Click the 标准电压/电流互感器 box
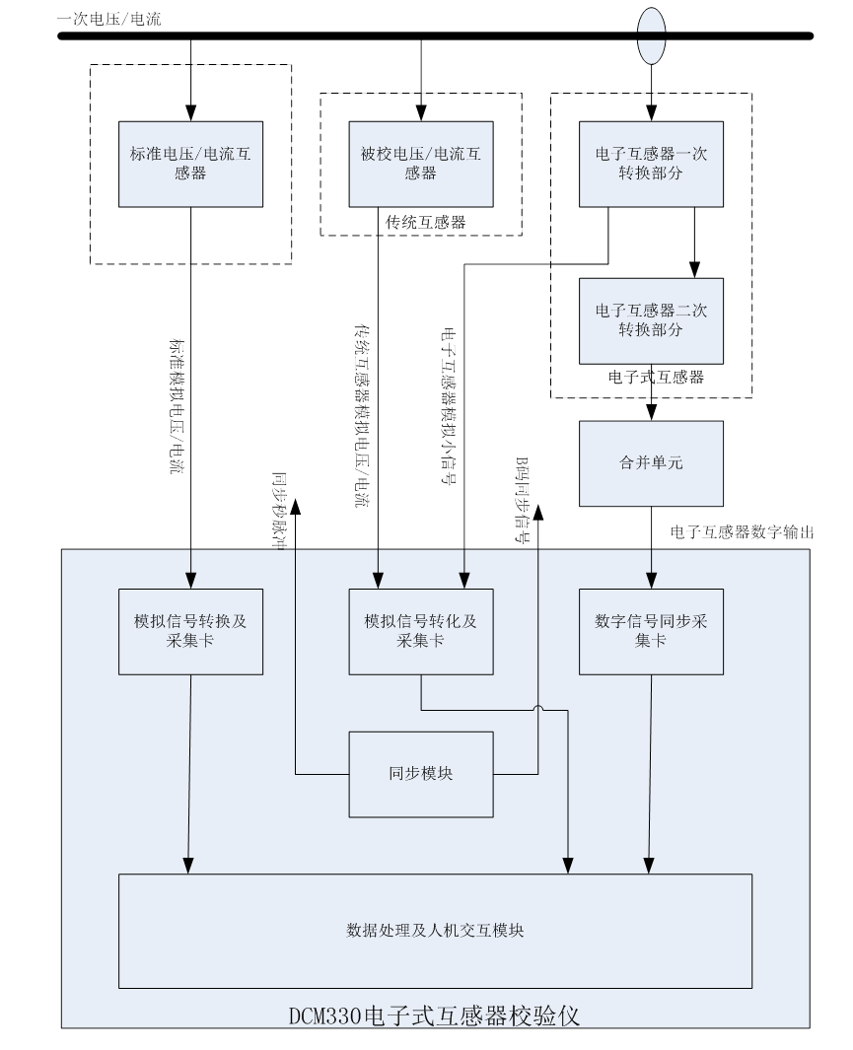pyautogui.click(x=190, y=164)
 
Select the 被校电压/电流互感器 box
pyautogui.click(x=421, y=164)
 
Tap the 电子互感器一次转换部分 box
pyautogui.click(x=651, y=164)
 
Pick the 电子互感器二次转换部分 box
pyautogui.click(x=651, y=320)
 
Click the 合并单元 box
pyautogui.click(x=651, y=463)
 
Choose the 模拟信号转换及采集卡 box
pyautogui.click(x=190, y=631)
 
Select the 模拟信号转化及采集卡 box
pyautogui.click(x=421, y=631)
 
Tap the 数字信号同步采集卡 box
pyautogui.click(x=651, y=631)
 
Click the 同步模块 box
pyautogui.click(x=421, y=774)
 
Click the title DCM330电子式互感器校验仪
pyautogui.click(x=435, y=1015)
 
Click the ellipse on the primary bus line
pyautogui.click(x=651, y=35)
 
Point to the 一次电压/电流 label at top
pyautogui.click(x=109, y=19)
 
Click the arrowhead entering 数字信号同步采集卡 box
pyautogui.click(x=651, y=582)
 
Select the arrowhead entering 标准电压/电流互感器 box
pyautogui.click(x=190, y=113)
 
